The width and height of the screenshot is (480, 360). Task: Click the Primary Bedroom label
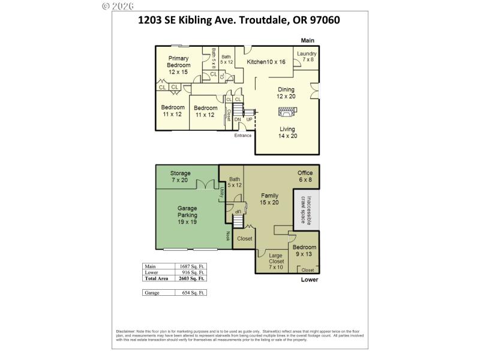pyautogui.click(x=178, y=65)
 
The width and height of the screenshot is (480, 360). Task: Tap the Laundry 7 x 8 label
pyautogui.click(x=307, y=56)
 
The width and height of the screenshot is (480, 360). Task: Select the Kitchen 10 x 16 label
pyautogui.click(x=266, y=62)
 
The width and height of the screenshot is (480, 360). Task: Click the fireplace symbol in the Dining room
pyautogui.click(x=286, y=112)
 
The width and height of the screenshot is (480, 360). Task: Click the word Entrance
pyautogui.click(x=243, y=135)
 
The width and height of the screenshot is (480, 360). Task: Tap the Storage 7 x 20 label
pyautogui.click(x=180, y=176)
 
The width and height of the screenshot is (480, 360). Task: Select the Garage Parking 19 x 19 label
pyautogui.click(x=187, y=215)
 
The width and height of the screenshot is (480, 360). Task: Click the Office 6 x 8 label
pyautogui.click(x=305, y=176)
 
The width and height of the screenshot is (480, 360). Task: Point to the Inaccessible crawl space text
pyautogui.click(x=306, y=209)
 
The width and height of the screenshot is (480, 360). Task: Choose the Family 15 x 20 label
pyautogui.click(x=269, y=199)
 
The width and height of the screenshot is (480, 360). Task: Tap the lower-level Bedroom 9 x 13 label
pyautogui.click(x=304, y=251)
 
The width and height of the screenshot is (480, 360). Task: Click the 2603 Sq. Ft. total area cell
pyautogui.click(x=193, y=278)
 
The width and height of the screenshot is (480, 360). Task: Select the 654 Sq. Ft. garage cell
pyautogui.click(x=193, y=292)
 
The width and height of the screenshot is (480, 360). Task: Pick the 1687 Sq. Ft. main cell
pyautogui.click(x=193, y=266)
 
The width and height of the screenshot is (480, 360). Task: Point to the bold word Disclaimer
pyautogui.click(x=125, y=331)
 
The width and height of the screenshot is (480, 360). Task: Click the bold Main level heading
pyautogui.click(x=308, y=41)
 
